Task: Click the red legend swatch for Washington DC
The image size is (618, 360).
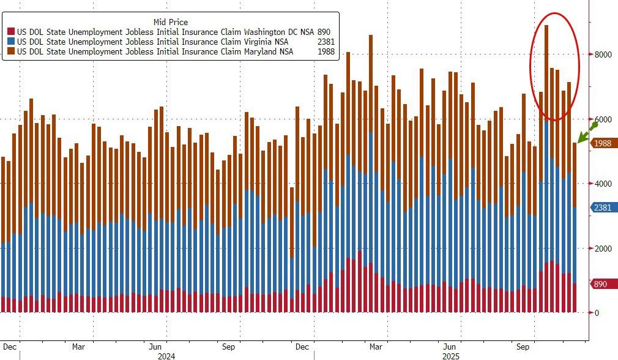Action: (x=10, y=31)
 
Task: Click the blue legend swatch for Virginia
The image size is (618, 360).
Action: (x=10, y=42)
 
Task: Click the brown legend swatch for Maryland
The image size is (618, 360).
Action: (x=10, y=52)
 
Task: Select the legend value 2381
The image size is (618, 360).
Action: (x=326, y=42)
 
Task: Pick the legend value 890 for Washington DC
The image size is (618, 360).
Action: (x=325, y=31)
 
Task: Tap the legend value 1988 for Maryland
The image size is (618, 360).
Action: (x=326, y=52)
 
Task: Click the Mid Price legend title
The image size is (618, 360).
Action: (x=171, y=22)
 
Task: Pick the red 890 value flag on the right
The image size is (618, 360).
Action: (x=602, y=284)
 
